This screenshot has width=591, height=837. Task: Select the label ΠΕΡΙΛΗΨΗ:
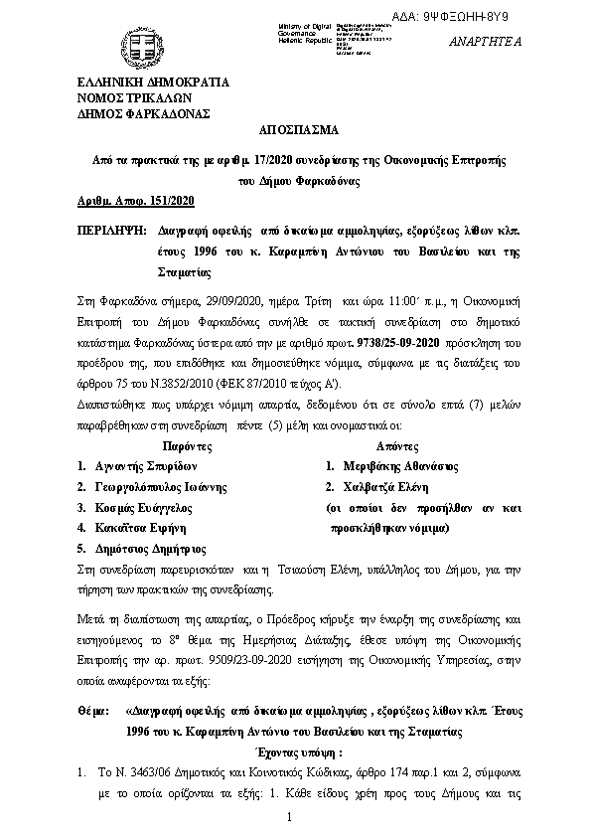click(x=109, y=228)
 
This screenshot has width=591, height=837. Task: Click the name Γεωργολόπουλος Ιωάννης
click(x=162, y=487)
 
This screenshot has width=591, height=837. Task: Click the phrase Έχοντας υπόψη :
click(x=298, y=753)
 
